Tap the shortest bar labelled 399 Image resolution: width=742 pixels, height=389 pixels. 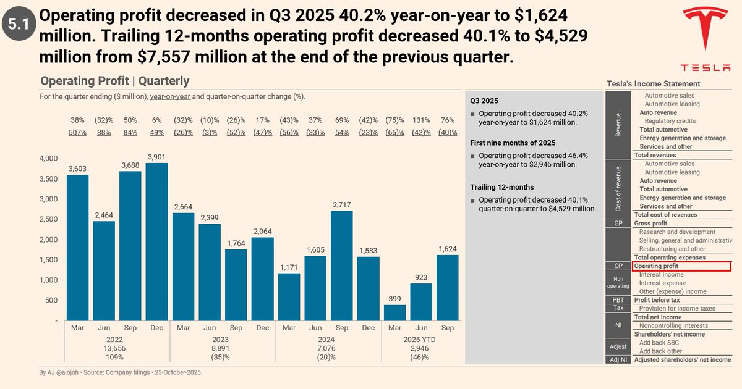pyautogui.click(x=394, y=313)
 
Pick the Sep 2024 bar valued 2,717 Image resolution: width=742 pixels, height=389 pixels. pyautogui.click(x=342, y=266)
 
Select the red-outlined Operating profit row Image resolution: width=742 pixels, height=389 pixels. pyautogui.click(x=682, y=266)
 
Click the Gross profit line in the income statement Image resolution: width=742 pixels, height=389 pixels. pyautogui.click(x=650, y=224)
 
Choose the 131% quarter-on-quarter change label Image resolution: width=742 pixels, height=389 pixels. pyautogui.click(x=421, y=120)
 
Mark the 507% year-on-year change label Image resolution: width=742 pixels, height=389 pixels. pyautogui.click(x=78, y=132)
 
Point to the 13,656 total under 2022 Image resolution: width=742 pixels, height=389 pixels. pyautogui.click(x=114, y=348)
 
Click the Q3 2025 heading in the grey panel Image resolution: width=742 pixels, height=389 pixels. pyautogui.click(x=484, y=101)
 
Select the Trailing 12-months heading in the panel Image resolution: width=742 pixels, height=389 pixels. pyautogui.click(x=501, y=187)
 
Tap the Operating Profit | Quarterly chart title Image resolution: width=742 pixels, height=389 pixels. pyautogui.click(x=115, y=81)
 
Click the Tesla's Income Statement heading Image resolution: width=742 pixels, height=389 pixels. pyautogui.click(x=654, y=84)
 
